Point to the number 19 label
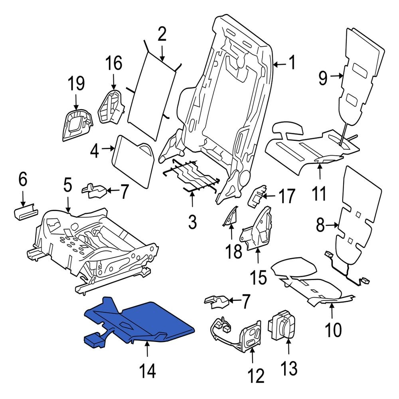pyautogui.click(x=76, y=84)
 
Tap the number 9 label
pyautogui.click(x=323, y=77)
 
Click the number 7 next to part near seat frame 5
pyautogui.click(x=124, y=192)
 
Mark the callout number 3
pyautogui.click(x=192, y=221)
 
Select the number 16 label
pyautogui.click(x=113, y=63)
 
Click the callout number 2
pyautogui.click(x=162, y=35)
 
